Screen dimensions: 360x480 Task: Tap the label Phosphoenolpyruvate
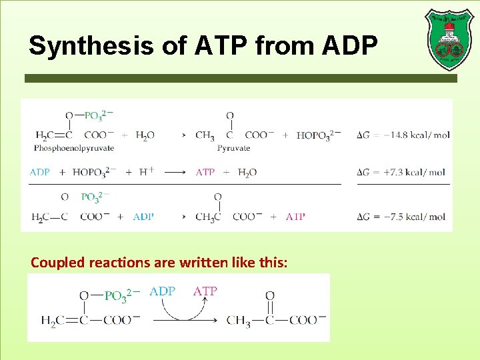coord(74,148)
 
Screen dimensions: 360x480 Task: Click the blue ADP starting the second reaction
coord(40,172)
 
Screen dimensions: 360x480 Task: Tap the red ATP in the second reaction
coord(205,172)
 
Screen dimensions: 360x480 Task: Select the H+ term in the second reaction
coord(147,171)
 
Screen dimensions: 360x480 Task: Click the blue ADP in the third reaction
coord(143,217)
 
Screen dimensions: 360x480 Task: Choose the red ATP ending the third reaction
coord(295,217)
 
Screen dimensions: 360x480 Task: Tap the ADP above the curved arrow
coord(163,291)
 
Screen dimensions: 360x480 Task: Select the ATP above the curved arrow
coord(205,291)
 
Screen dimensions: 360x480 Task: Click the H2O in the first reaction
coord(145,135)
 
